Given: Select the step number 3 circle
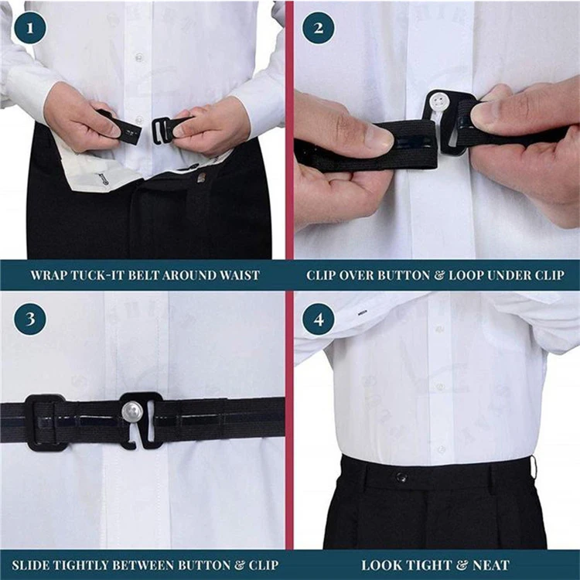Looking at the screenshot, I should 29,319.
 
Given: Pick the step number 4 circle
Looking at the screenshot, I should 319,319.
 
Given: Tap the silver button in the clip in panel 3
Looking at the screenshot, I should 132,412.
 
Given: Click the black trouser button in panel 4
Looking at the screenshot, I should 401,477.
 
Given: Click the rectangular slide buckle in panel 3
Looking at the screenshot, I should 45,422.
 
